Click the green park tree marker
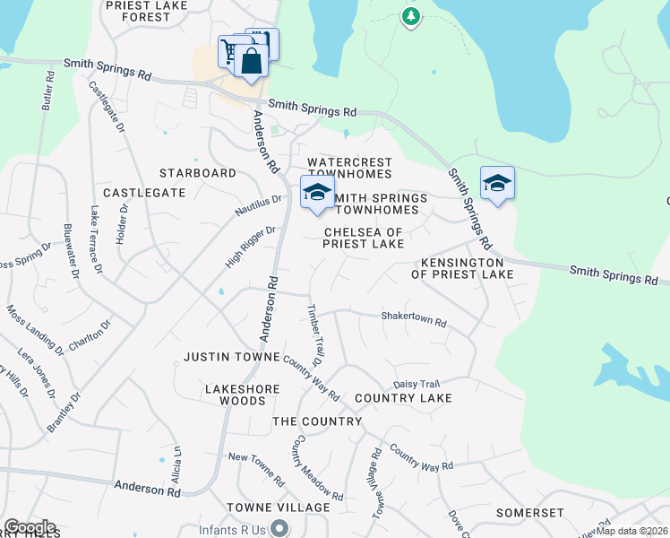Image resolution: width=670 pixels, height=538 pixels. coord(411,16)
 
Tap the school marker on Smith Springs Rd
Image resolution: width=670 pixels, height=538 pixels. coord(497,184)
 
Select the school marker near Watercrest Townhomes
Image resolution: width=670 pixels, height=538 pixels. coord(316,193)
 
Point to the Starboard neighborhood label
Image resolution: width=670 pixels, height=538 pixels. coord(197,173)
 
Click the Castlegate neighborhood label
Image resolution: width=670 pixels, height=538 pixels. coord(137,193)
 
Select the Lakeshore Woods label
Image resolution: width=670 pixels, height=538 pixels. coord(243,395)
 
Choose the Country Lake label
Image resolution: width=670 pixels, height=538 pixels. coord(403,397)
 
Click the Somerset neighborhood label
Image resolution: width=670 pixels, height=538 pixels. coord(531,513)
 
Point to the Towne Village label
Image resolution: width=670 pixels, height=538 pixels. coord(278,508)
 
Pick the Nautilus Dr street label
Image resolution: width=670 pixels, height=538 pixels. coord(259,205)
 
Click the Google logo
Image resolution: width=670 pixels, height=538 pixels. coord(30,527)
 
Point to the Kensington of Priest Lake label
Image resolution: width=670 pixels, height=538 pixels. coord(462,267)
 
